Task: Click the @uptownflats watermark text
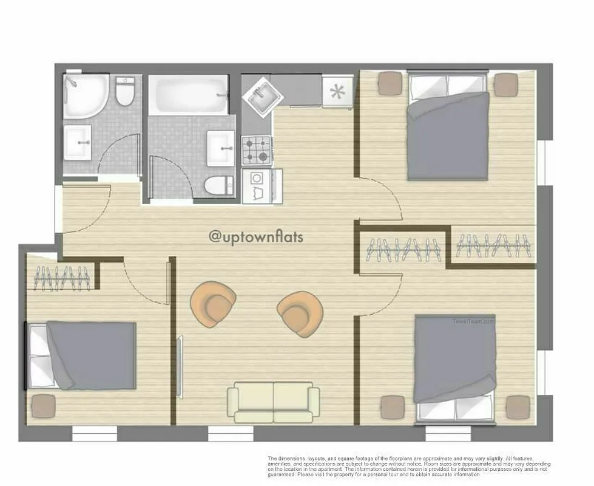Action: pyautogui.click(x=255, y=237)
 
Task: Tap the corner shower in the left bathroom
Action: pyautogui.click(x=86, y=95)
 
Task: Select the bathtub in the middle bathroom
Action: pyautogui.click(x=188, y=95)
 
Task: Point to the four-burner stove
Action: pyautogui.click(x=256, y=151)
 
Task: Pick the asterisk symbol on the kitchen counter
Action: pyautogui.click(x=336, y=93)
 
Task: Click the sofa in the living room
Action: pyautogui.click(x=273, y=402)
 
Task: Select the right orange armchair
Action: pyautogui.click(x=300, y=313)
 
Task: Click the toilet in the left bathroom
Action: pyautogui.click(x=125, y=91)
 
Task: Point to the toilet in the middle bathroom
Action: pyautogui.click(x=219, y=185)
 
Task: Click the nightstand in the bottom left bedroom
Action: pyautogui.click(x=43, y=406)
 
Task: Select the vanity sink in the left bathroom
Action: pyautogui.click(x=78, y=143)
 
